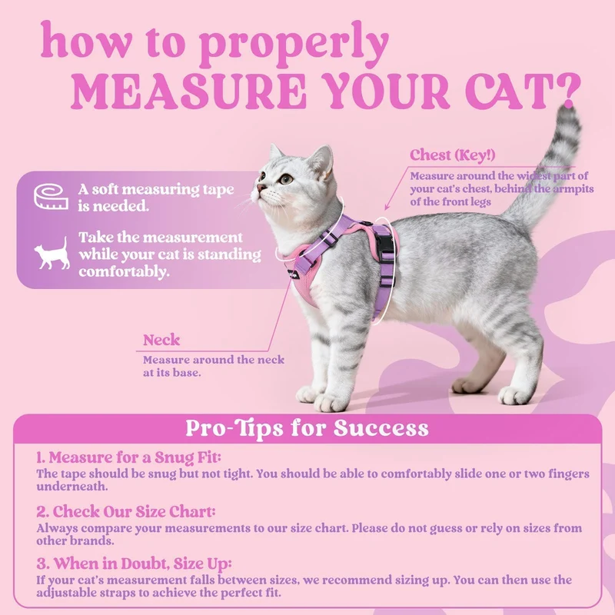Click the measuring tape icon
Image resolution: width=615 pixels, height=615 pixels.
click(51, 197)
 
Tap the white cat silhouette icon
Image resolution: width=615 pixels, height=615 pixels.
click(52, 254)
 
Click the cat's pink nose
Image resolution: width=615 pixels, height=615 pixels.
click(260, 188)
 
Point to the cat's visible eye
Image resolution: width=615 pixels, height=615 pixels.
click(286, 179)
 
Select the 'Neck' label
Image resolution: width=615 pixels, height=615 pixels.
click(161, 340)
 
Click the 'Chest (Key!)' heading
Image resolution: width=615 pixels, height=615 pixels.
click(453, 155)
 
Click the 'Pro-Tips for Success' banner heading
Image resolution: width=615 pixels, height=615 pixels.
click(307, 428)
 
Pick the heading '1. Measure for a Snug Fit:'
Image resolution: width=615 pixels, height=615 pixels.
click(129, 457)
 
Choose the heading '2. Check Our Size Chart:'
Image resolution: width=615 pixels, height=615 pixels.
click(126, 511)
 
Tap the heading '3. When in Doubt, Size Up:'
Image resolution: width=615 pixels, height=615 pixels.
click(134, 563)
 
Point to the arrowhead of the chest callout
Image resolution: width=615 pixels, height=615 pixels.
click(387, 207)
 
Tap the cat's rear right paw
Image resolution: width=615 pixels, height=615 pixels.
click(513, 395)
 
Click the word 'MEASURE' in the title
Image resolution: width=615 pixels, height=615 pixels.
click(188, 91)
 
